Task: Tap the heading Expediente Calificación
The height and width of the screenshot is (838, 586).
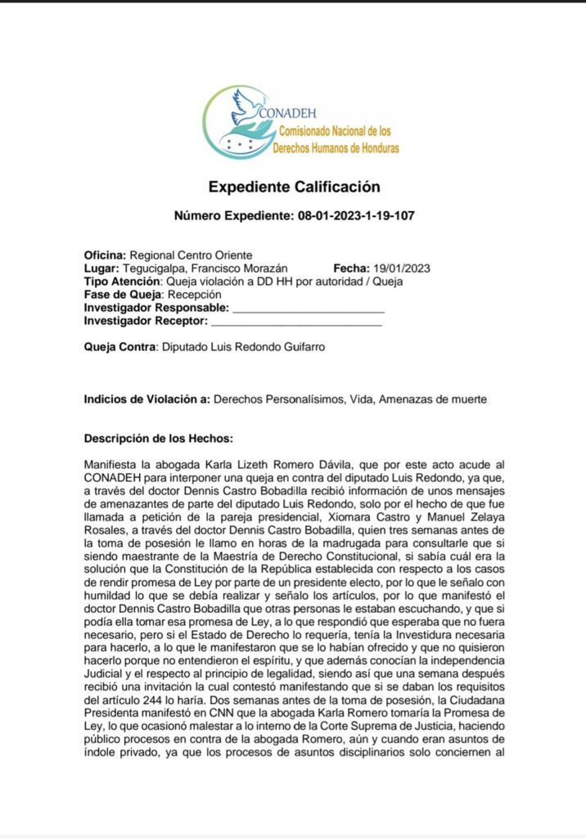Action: [x=293, y=187]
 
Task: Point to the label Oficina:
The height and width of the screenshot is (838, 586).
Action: [x=106, y=255]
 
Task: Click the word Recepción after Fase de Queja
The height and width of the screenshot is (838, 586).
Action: [x=194, y=295]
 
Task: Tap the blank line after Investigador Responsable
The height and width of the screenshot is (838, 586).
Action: [x=309, y=309]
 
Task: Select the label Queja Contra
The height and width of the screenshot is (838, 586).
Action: [x=119, y=347]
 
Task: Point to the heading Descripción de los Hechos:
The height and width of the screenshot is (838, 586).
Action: [x=159, y=439]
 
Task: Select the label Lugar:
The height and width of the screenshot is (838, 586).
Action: [x=102, y=268]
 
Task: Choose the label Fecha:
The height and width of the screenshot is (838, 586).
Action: [x=351, y=268]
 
